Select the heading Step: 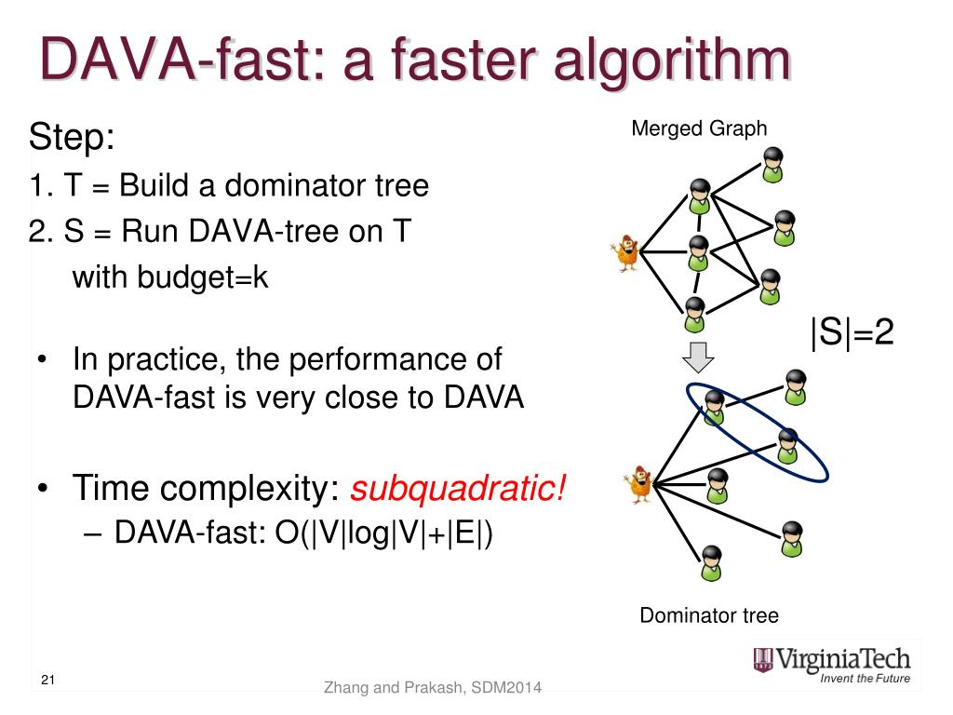[72, 139]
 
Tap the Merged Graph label [699, 128]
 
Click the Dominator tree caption [708, 615]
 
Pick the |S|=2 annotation [852, 332]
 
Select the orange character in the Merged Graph [625, 251]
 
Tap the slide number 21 [49, 681]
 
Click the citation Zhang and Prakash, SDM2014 [433, 688]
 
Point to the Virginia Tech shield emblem [763, 660]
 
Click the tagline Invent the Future [865, 679]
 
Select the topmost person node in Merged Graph [772, 164]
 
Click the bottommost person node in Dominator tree [713, 561]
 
